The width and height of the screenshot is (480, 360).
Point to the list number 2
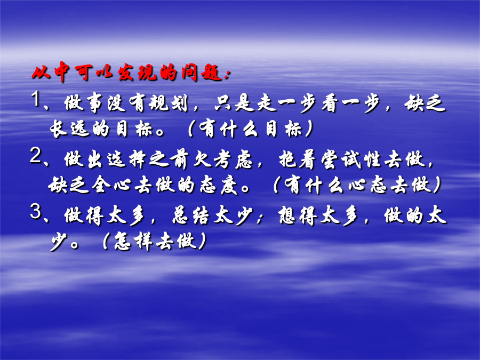(36, 156)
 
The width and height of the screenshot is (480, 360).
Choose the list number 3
(36, 212)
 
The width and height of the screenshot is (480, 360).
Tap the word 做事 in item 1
(83, 103)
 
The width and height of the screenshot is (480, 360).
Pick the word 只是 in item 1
(234, 103)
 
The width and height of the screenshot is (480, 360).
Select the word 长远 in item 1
(70, 129)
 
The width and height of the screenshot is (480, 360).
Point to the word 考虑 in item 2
(233, 159)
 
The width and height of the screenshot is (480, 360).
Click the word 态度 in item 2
(218, 185)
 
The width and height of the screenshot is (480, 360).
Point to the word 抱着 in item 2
(297, 159)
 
